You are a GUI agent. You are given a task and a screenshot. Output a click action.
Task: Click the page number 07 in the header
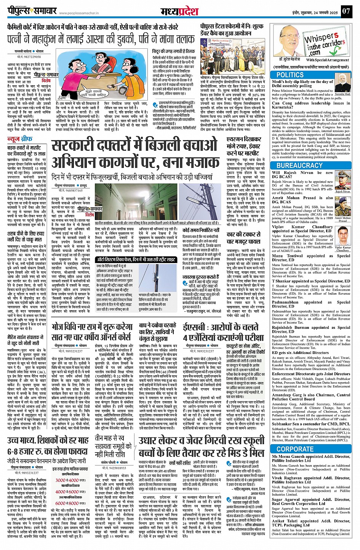point(346,11)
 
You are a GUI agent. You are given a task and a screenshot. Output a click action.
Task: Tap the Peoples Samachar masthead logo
point(32,10)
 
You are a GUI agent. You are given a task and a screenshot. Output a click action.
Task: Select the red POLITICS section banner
point(290,75)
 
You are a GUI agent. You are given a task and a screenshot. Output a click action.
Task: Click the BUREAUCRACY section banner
point(299,165)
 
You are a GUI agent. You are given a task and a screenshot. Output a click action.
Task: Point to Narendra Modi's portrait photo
point(342,83)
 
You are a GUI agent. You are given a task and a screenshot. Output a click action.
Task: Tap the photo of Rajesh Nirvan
point(342,180)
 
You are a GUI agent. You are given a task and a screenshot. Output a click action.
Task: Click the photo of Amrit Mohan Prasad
point(342,207)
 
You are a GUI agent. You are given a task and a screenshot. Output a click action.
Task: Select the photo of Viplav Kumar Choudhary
point(342,236)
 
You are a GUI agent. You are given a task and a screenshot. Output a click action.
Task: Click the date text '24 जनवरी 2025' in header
point(323,13)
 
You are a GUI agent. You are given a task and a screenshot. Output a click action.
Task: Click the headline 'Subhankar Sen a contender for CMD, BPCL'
point(310,424)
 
